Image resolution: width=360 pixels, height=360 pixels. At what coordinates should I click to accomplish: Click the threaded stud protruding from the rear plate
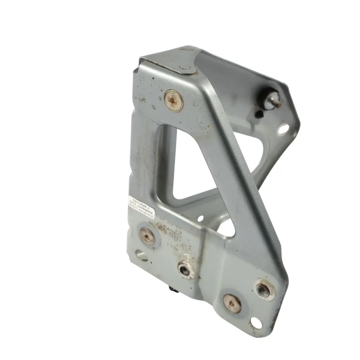point(274,100)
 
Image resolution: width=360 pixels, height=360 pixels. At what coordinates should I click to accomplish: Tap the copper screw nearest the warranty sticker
point(147,236)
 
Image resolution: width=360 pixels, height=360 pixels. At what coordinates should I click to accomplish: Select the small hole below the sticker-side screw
point(141,256)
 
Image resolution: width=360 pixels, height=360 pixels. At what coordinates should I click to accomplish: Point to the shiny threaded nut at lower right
point(265,289)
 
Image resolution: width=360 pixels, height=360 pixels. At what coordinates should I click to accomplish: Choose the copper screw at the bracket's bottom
point(232,304)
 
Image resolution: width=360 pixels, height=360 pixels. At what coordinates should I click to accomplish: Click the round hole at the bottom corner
point(256,323)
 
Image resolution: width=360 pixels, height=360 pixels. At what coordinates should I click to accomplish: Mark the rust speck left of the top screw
point(142,99)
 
